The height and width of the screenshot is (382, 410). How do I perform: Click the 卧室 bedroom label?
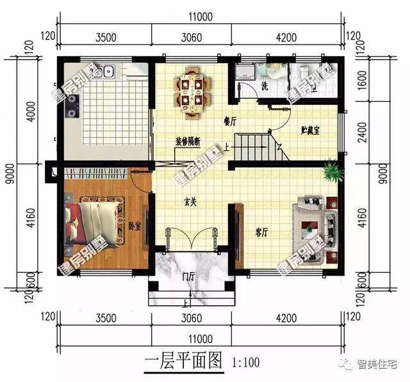point(135,225)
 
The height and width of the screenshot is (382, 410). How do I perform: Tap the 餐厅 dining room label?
point(230,120)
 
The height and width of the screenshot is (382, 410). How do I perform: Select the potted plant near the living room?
point(332,171)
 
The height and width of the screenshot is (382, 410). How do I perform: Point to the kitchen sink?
point(106,70)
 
